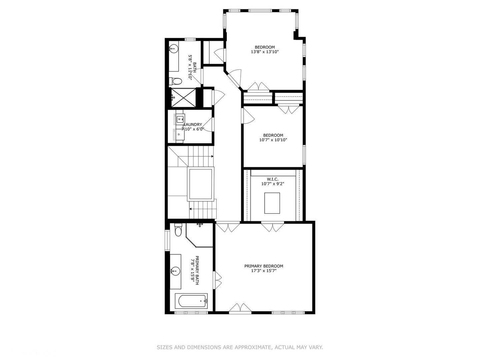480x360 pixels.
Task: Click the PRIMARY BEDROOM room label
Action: point(264,266)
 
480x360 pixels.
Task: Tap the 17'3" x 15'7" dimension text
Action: point(264,271)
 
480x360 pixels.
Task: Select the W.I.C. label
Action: point(272,179)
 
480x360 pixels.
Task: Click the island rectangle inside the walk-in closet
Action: point(272,203)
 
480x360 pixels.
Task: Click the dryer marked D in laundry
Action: point(179,134)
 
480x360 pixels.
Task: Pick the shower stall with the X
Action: point(183,97)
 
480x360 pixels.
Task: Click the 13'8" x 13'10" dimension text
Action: point(265,52)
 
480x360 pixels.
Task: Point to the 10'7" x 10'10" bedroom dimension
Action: point(273,140)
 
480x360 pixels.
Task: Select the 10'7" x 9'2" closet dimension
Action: point(272,184)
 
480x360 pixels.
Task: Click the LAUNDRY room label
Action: point(193,125)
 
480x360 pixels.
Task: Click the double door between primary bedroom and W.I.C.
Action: point(273,227)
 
